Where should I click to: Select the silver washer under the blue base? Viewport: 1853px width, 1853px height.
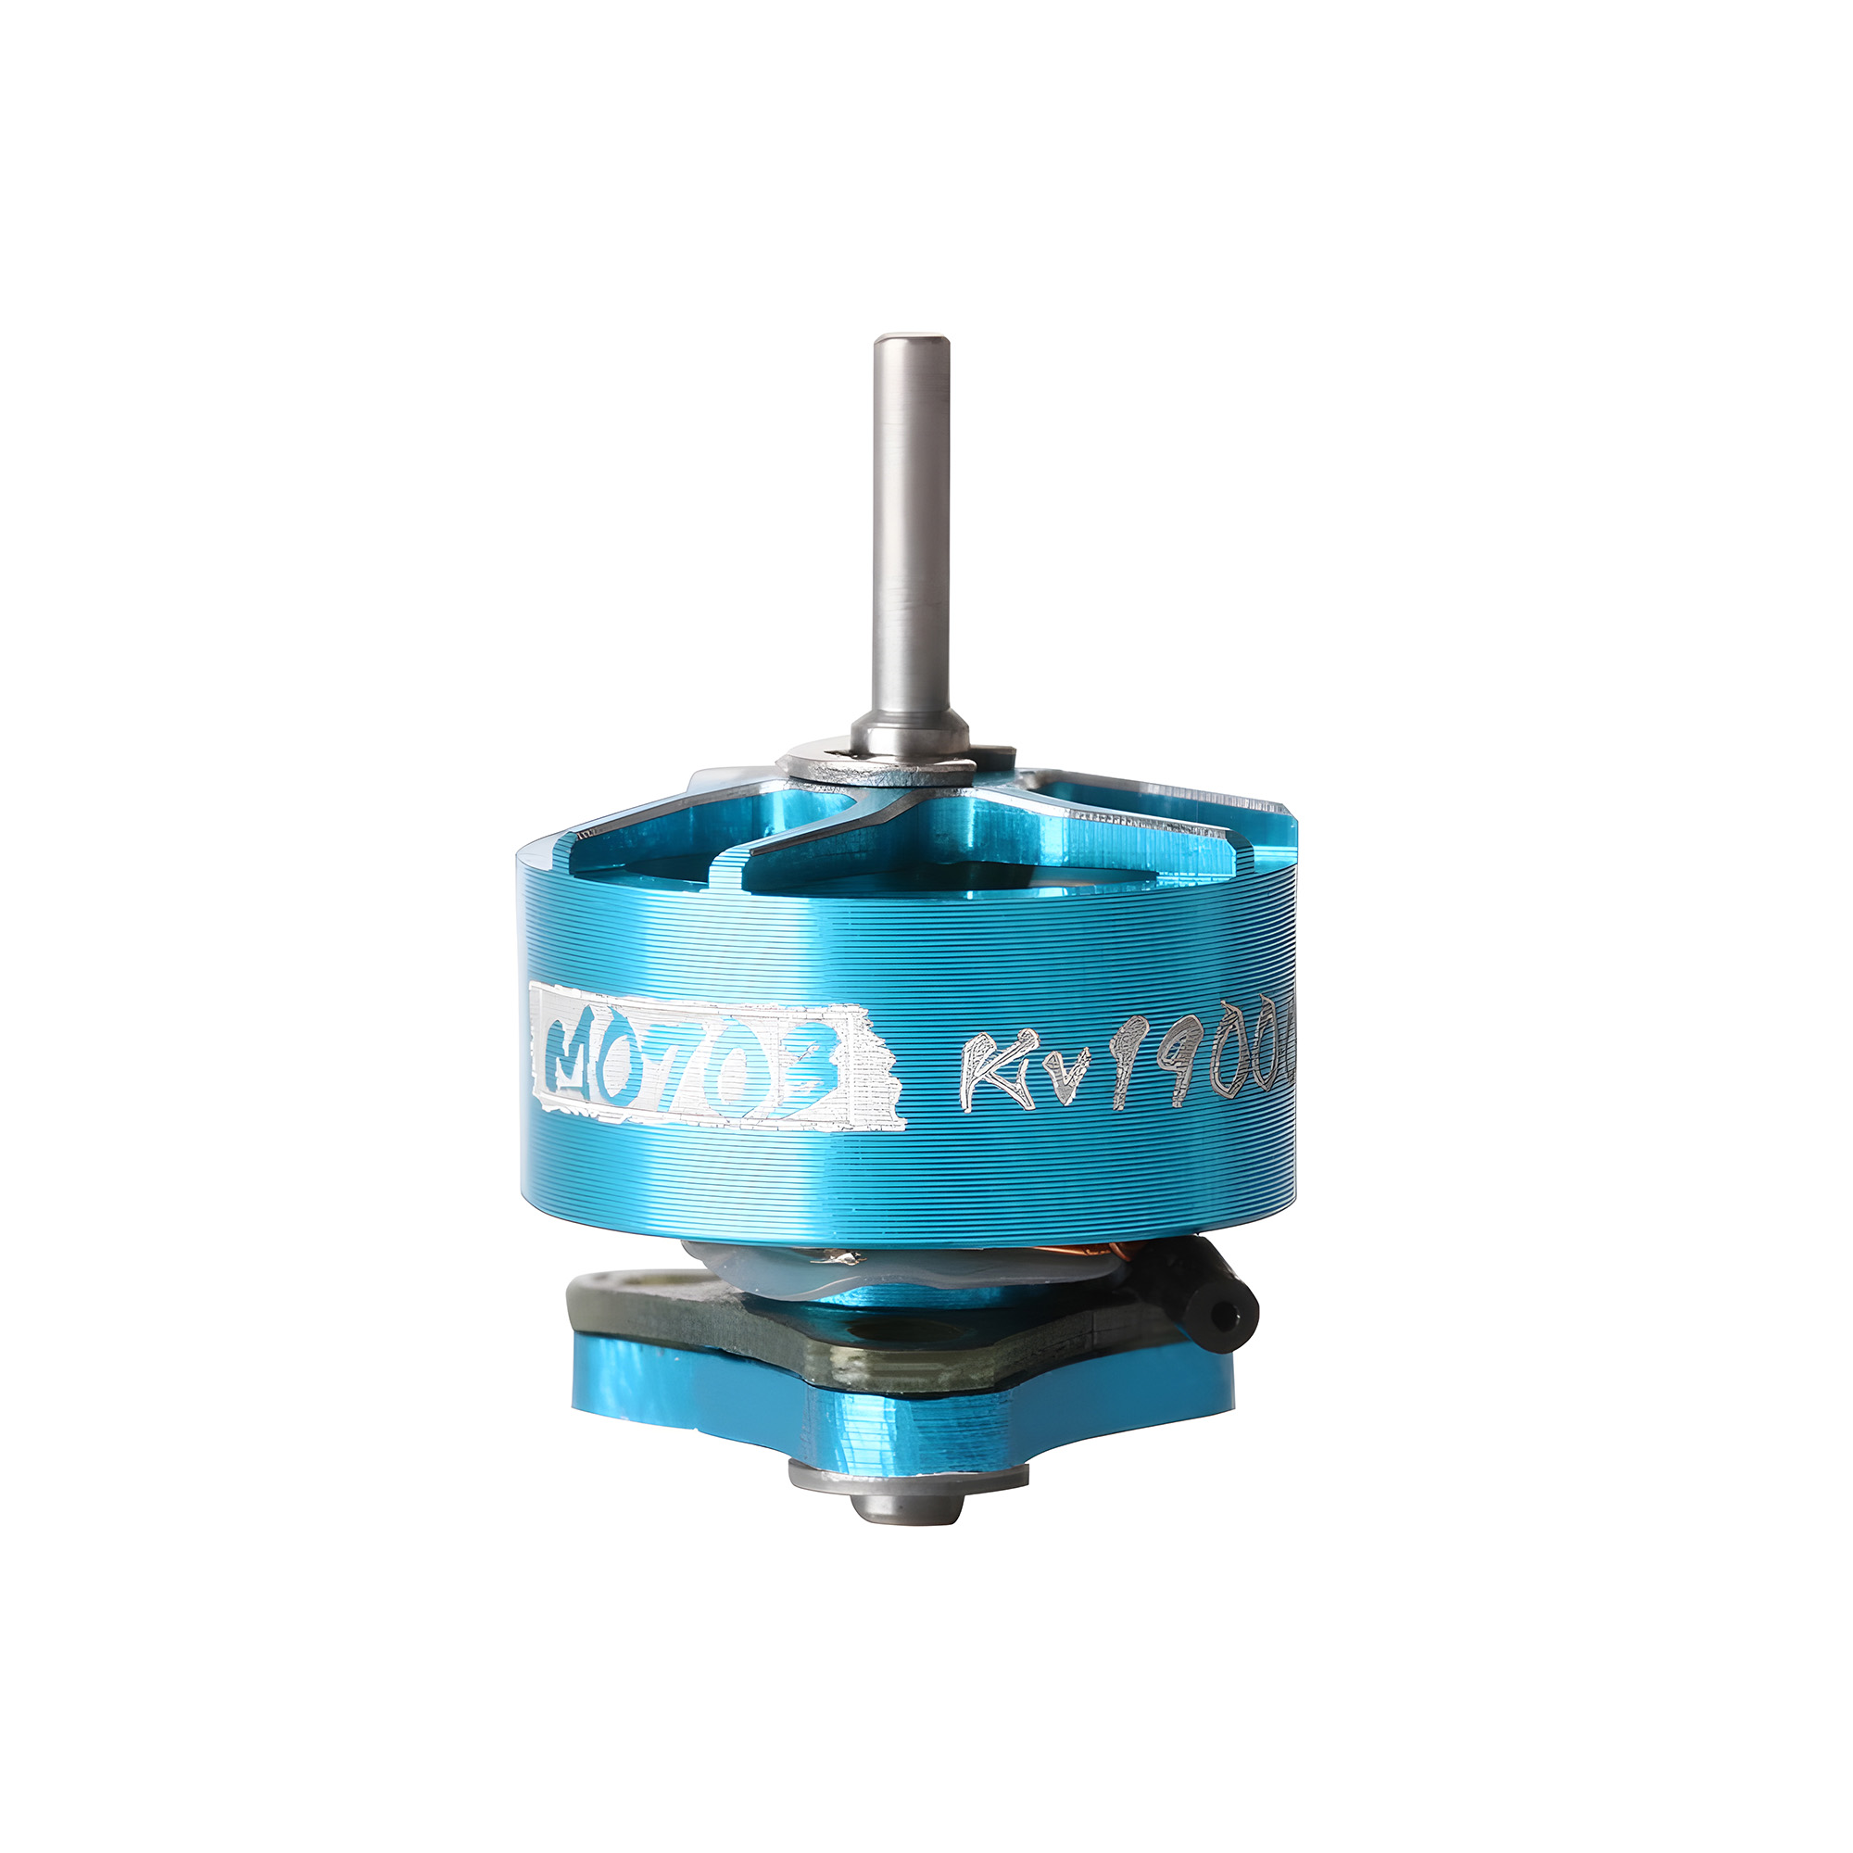pyautogui.click(x=907, y=1476)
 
